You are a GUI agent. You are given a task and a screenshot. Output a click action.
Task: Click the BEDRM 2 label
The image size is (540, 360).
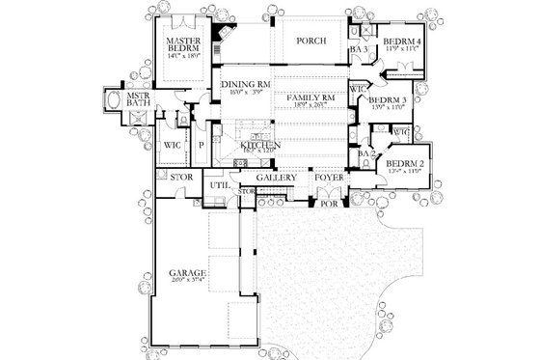(x=405, y=163)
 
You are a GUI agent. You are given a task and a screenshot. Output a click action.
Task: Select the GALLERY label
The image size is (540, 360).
(x=276, y=180)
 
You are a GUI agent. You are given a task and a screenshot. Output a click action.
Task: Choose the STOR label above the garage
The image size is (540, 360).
(x=180, y=179)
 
